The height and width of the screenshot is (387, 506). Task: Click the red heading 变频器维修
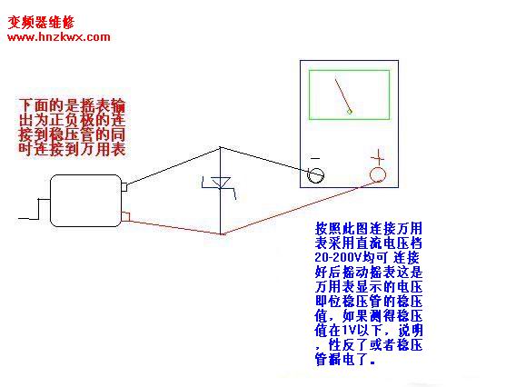pos(41,23)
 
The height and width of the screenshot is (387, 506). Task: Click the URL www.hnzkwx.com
pos(59,37)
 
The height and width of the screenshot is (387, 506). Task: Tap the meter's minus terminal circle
pos(316,175)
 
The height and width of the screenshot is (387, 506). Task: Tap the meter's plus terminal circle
pos(378,174)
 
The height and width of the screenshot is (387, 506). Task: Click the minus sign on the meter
pos(315,158)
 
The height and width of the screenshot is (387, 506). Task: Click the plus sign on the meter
pos(377,158)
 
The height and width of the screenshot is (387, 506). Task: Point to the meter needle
pos(342,94)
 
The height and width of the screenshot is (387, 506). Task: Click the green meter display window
pos(349,94)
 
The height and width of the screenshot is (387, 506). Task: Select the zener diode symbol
pos(220,185)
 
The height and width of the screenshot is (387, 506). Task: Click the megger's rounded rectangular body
pos(85,201)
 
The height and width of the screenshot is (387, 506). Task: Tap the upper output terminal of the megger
pos(124,187)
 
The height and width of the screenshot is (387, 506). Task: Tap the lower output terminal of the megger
pos(125,217)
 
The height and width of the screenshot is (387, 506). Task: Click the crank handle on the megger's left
pos(34,209)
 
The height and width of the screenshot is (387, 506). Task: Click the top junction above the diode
pos(221,147)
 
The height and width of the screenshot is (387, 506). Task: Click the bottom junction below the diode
pos(221,234)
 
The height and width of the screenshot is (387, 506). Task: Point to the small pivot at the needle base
pos(349,112)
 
